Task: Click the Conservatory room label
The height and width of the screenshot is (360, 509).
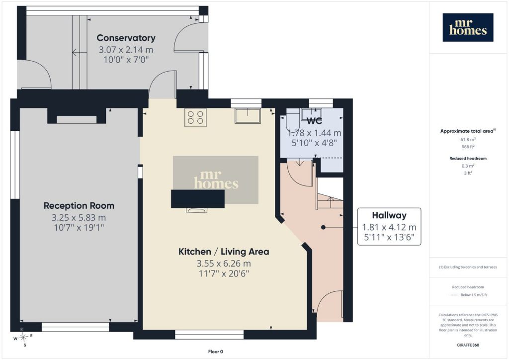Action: tap(126, 38)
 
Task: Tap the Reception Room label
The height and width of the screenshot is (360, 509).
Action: tap(79, 205)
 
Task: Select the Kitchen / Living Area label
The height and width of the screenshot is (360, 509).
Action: tap(224, 252)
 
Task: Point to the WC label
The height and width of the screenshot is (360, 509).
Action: tap(314, 121)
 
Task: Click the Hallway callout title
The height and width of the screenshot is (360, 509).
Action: tap(389, 215)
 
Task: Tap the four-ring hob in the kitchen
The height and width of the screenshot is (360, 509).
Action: tap(195, 117)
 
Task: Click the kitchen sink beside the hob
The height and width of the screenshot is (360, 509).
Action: tap(248, 116)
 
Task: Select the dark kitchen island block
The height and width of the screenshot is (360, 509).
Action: tap(198, 199)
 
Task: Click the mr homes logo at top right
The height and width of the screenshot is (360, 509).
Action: tap(468, 27)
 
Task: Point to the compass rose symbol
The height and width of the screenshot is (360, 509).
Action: tap(23, 337)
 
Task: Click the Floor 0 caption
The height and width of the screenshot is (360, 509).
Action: tap(216, 352)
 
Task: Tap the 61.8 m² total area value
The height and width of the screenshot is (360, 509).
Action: tap(468, 140)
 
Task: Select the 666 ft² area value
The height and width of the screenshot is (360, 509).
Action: tap(468, 147)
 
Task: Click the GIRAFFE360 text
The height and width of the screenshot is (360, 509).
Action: tap(468, 345)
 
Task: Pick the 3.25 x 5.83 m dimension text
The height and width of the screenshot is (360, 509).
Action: tap(79, 217)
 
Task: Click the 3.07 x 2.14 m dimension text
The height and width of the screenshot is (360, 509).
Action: tap(126, 50)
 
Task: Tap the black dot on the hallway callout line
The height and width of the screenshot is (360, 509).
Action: tap(323, 228)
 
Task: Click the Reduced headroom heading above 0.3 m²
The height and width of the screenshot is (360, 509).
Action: tap(468, 159)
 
